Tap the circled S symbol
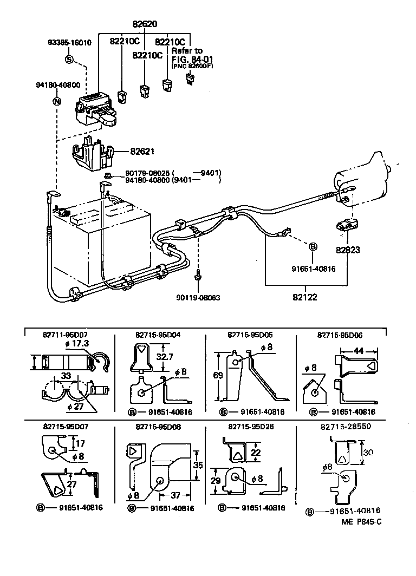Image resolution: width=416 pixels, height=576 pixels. pyautogui.click(x=69, y=60)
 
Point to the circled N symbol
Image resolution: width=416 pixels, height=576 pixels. pyautogui.click(x=57, y=101)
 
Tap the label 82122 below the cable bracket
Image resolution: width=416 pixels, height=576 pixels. pyautogui.click(x=305, y=297)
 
